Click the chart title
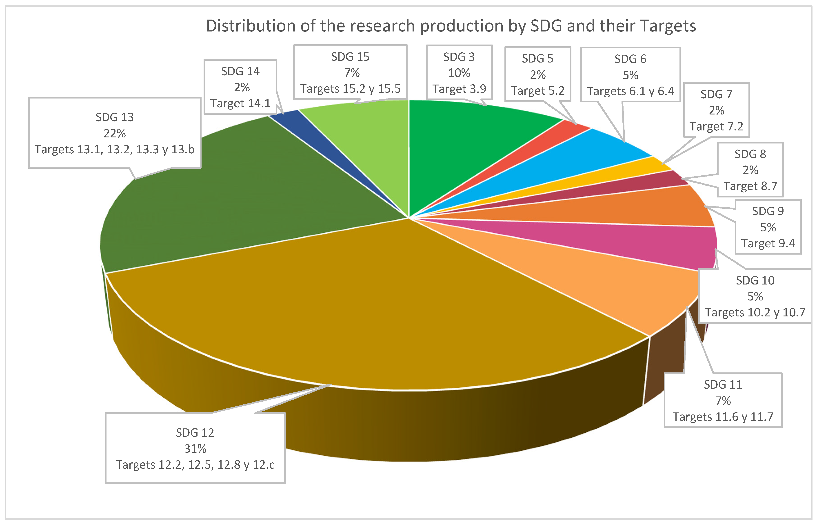coord(451,26)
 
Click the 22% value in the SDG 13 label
coord(115,133)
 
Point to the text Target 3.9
coord(459,89)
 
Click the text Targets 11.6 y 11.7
coord(723,417)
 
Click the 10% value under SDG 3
coord(459,73)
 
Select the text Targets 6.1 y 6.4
coord(630,91)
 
